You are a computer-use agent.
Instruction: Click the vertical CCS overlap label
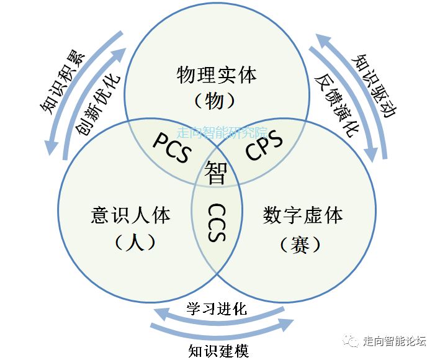point(216,223)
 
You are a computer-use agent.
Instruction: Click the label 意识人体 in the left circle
point(130,215)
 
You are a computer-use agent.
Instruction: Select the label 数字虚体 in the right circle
point(302,215)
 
